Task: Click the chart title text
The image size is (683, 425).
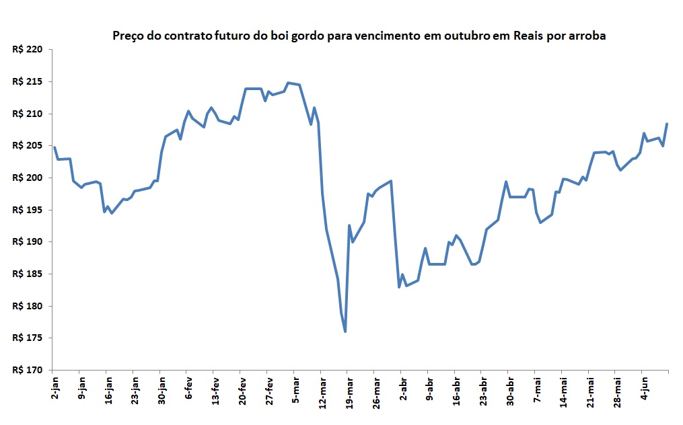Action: [x=359, y=36]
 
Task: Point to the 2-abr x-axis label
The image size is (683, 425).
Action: [x=402, y=390]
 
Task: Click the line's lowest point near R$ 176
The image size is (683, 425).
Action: [x=345, y=331]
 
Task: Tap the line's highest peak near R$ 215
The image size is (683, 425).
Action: [x=288, y=83]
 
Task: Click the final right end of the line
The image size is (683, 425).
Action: [x=667, y=124]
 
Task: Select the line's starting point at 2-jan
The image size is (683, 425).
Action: [x=54, y=147]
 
